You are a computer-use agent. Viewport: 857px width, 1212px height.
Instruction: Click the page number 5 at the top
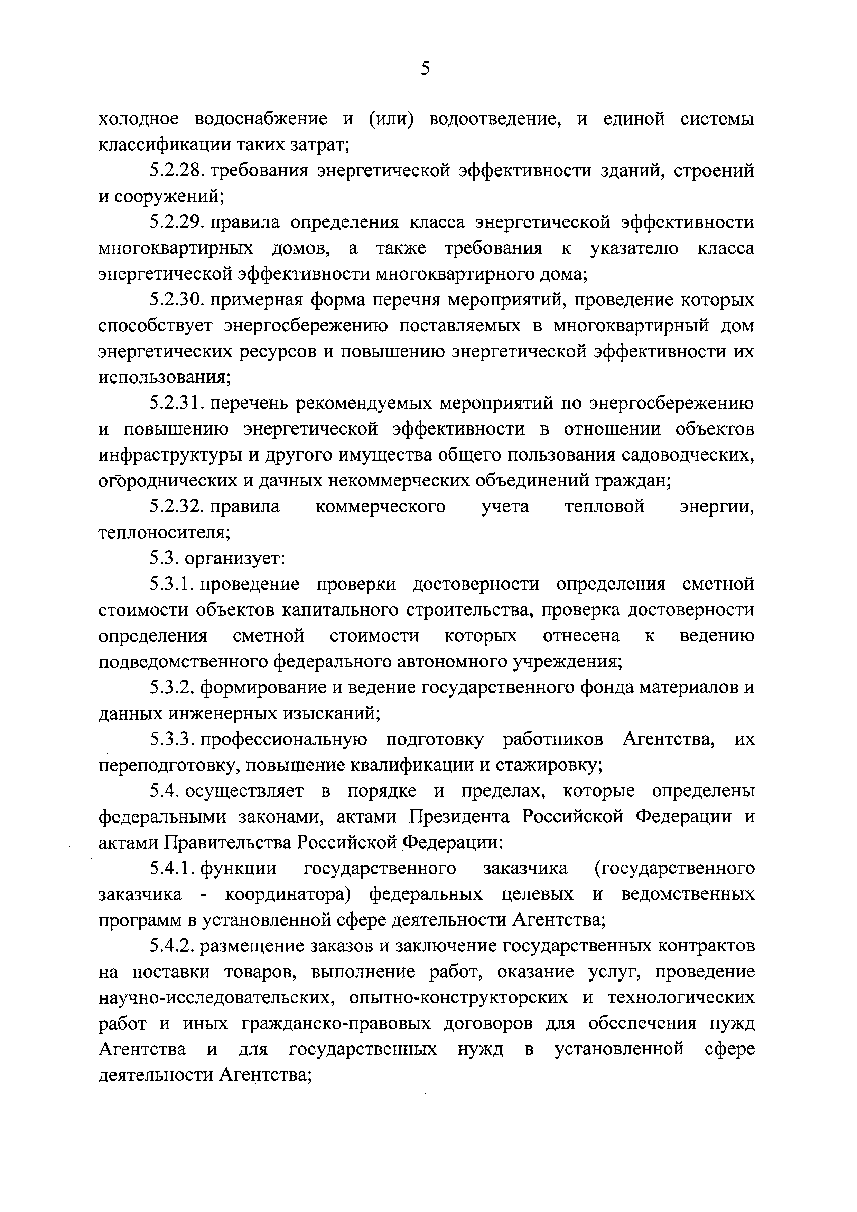[x=426, y=69]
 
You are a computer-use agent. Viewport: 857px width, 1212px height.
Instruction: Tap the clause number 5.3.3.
[x=171, y=740]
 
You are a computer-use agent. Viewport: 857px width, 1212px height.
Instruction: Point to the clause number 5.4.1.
[x=171, y=868]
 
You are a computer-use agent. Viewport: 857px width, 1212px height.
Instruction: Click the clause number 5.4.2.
[x=171, y=946]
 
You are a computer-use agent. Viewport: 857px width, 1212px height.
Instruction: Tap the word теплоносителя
[x=164, y=533]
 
